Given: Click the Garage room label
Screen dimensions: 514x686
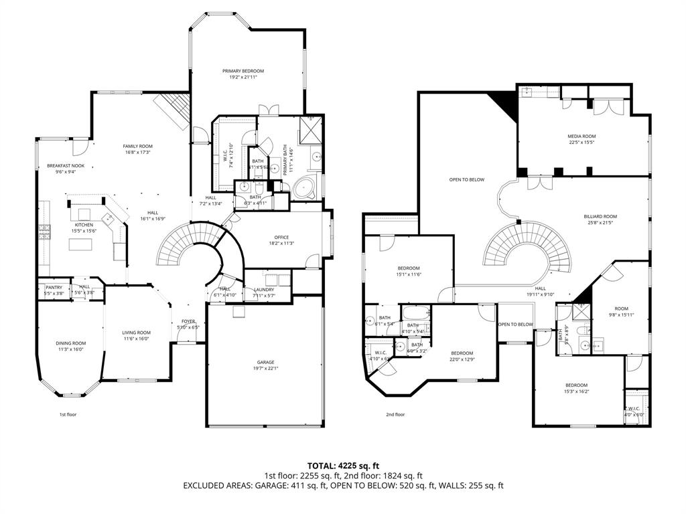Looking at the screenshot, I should (265, 362).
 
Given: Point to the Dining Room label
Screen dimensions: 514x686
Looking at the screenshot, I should (70, 343).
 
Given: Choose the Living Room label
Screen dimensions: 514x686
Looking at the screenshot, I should (136, 333).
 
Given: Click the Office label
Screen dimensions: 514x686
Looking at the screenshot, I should (281, 238).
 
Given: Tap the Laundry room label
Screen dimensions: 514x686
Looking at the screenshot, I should (264, 290).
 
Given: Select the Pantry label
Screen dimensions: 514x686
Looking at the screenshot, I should (54, 287).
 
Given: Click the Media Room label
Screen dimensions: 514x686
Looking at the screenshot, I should (581, 136).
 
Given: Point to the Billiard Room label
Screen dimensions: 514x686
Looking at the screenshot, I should (600, 217).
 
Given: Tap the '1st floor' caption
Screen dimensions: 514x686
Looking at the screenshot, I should (68, 414).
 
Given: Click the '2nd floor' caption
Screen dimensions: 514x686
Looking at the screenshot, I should (395, 414).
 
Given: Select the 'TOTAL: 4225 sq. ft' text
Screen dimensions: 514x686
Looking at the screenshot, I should (343, 464).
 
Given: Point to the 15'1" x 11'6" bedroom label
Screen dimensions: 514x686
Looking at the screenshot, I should (408, 268).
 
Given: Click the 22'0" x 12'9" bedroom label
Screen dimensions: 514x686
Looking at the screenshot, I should (462, 353).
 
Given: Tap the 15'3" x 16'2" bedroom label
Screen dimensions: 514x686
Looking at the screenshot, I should (576, 385).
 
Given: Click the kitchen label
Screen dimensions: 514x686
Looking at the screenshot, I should (84, 225).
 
